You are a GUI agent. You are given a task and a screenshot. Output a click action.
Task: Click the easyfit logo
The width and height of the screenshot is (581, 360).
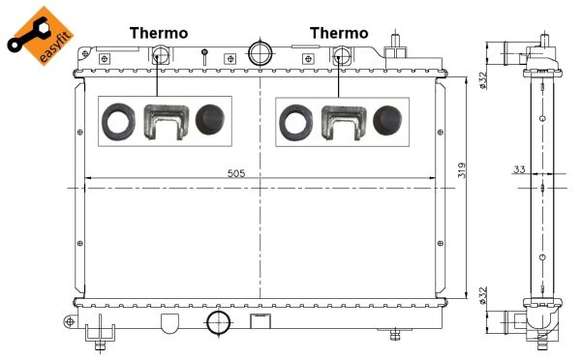[41, 37]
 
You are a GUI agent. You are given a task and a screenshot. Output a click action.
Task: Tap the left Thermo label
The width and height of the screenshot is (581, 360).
[159, 33]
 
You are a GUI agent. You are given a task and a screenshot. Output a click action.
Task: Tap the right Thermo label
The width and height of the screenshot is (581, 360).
[339, 33]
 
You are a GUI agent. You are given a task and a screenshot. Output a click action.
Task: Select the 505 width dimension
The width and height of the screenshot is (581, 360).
[236, 173]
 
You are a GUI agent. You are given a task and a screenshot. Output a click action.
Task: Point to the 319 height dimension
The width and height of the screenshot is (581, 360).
[462, 170]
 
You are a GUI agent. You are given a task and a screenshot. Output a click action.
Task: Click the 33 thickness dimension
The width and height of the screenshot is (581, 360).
[519, 169]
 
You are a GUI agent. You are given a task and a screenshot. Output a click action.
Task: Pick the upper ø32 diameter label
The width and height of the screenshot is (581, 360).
[482, 80]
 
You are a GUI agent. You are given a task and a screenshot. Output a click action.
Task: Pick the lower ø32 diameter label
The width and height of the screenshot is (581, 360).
[482, 295]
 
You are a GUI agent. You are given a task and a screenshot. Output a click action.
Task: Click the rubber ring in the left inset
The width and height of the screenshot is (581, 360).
[118, 122]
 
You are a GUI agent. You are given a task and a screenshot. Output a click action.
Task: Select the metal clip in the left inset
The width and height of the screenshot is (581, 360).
[166, 122]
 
